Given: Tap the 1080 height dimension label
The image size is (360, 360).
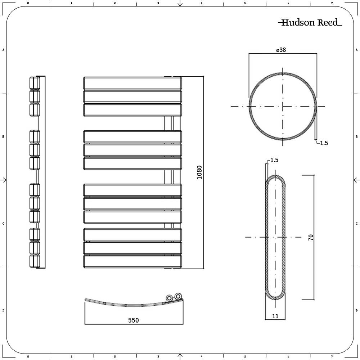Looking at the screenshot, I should point(200,172).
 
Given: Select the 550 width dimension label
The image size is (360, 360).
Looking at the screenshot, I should point(132,320).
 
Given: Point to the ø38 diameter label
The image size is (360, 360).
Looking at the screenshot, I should point(281,50).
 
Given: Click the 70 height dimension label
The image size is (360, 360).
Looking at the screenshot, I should point(311,237).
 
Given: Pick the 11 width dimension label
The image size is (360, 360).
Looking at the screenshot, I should point(275,316).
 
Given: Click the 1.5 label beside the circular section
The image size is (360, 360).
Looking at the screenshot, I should point(324,143).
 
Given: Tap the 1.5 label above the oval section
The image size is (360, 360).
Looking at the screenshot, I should point(274,160).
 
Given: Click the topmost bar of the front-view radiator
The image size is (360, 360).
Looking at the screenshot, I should point(132,84).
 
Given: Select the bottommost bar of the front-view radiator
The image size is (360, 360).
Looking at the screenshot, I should point(132,262).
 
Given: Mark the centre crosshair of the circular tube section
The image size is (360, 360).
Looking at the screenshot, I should point(283,107).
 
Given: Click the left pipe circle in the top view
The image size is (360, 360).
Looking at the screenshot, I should point(169,298).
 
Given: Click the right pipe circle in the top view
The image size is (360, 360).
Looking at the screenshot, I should point(177,297).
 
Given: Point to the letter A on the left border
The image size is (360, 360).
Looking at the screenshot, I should point(3,50).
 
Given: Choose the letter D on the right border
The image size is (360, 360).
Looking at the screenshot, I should point(356,310).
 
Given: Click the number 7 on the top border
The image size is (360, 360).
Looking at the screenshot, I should point(332,3).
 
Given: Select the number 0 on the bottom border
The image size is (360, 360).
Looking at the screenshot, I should point(28,357).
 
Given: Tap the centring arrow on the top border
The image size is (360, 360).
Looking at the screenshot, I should point(180,4).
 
